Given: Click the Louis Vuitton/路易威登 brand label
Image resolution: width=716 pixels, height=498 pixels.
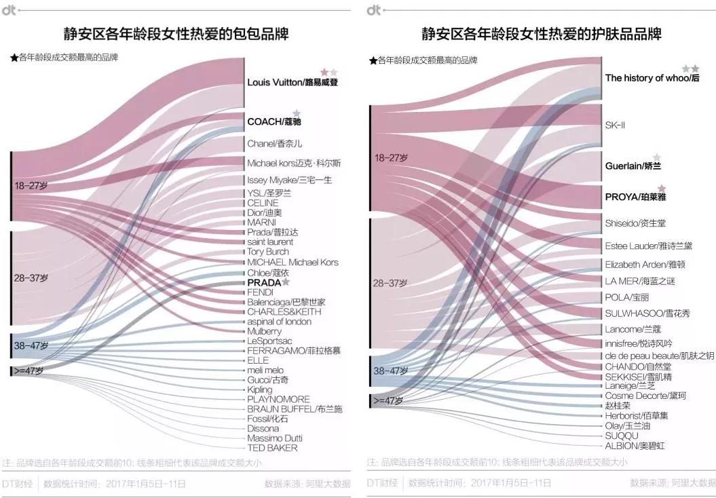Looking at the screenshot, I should coord(293,83).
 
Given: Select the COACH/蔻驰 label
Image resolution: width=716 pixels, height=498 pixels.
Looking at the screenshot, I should coord(274,121).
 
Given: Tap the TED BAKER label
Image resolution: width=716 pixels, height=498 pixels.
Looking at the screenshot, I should coord(272,448).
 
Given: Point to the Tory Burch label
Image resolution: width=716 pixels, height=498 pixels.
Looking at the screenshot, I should coord(268,252).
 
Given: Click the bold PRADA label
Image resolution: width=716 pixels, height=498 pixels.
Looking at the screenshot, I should coord(264,282).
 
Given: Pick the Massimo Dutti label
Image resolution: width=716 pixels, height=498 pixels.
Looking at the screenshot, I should coord(275,438).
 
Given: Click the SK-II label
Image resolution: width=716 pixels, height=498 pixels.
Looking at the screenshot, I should coord(615,126).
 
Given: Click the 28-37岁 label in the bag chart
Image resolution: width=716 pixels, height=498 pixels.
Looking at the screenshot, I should coord(31,277).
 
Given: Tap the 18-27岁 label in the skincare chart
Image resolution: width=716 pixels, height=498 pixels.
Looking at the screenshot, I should coord(391,158).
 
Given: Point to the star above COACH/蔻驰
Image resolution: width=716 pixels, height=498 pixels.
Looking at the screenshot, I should coord(297,113).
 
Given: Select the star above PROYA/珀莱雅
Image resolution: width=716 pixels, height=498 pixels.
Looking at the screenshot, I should coord(662,189).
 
